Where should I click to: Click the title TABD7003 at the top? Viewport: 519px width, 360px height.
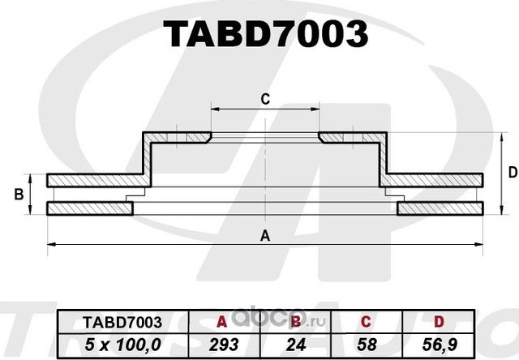[x=265, y=34]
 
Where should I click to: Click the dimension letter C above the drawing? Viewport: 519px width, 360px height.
[x=264, y=100]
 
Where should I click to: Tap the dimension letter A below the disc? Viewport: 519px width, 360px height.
[x=264, y=236]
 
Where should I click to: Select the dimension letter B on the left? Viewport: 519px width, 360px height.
[x=18, y=195]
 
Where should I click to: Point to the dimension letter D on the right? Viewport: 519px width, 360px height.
[x=512, y=172]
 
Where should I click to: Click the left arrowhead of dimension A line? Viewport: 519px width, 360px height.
[x=51, y=243]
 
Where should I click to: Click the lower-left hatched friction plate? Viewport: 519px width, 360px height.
[x=89, y=209]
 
